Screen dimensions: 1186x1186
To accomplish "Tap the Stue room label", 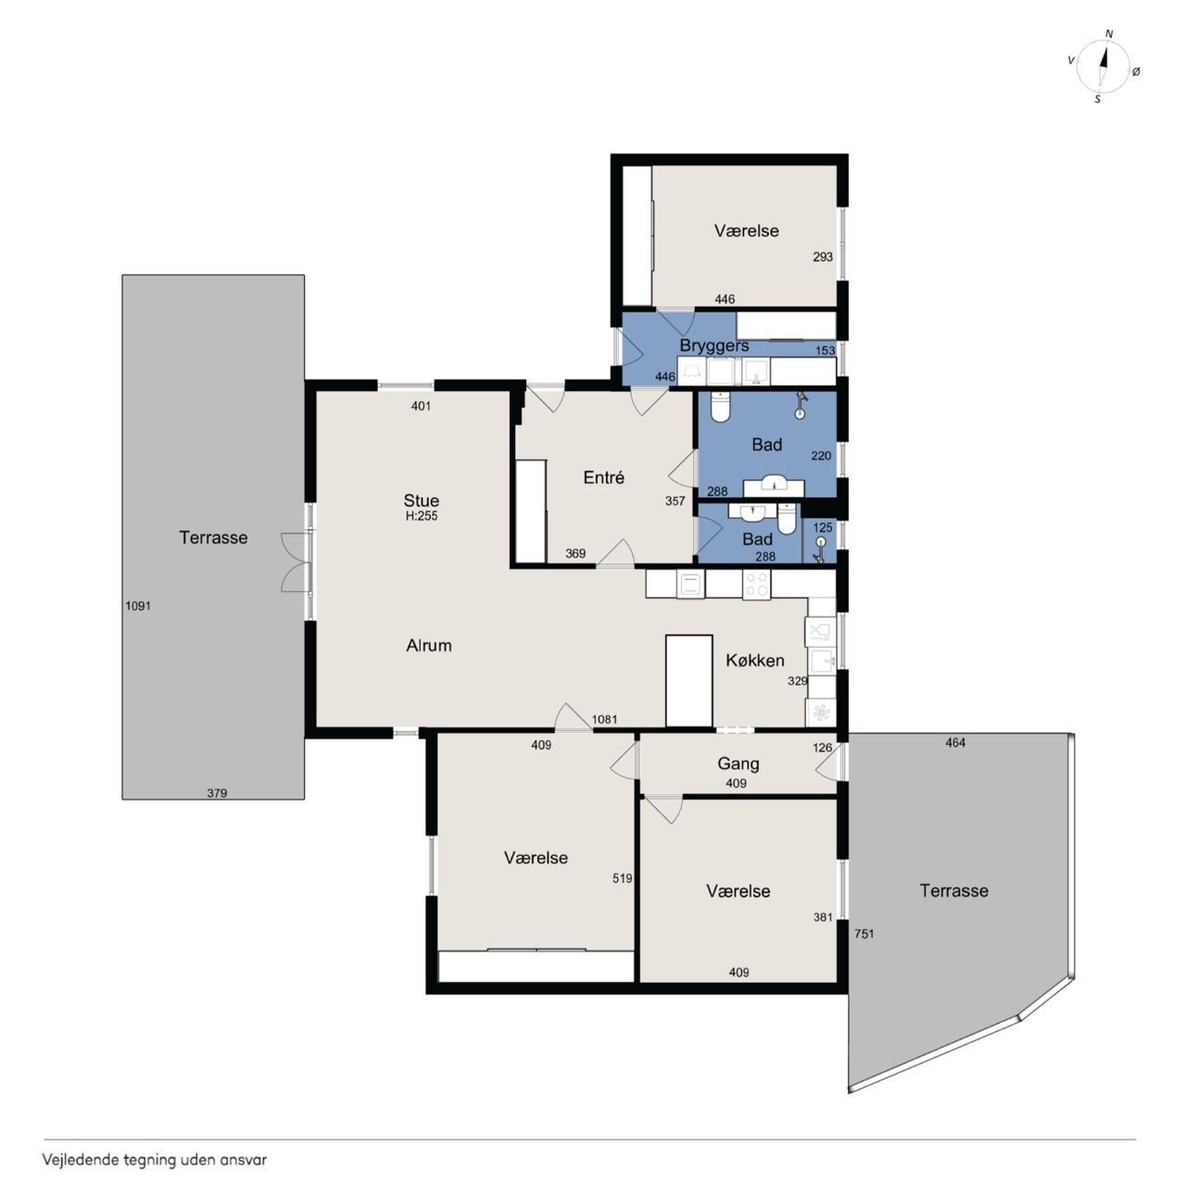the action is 421,500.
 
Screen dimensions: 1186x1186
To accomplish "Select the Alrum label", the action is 429,645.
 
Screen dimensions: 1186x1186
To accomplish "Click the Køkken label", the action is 755,661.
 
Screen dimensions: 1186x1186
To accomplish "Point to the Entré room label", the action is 604,477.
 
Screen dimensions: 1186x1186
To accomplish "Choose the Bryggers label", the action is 714,346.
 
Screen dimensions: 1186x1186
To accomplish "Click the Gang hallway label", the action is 738,763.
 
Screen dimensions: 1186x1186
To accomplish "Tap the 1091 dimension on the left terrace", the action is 138,606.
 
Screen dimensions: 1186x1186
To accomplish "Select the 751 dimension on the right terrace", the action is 864,934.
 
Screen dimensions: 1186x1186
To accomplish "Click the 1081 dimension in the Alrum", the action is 604,719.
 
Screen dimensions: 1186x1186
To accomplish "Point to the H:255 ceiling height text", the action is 422,516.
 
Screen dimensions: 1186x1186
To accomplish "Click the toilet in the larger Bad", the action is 720,407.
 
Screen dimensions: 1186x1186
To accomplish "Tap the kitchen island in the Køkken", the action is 688,681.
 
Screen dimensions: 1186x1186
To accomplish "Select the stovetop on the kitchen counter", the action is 756,584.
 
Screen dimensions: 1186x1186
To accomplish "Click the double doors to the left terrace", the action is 296,562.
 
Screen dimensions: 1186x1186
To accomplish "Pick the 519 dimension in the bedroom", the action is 623,878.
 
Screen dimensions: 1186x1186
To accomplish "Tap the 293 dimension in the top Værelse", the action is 823,257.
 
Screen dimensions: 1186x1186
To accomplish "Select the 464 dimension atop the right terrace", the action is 955,743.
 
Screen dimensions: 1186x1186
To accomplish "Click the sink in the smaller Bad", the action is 749,512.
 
